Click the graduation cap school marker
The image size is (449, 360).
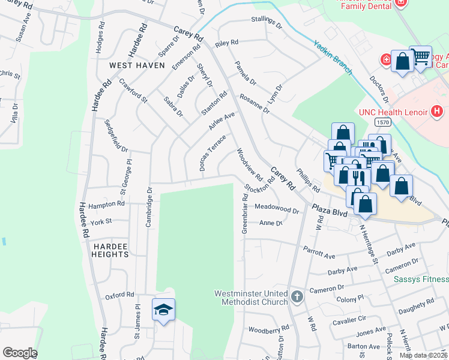(163, 310)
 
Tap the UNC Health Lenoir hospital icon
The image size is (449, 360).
(436, 112)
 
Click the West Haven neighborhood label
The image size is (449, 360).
(133, 65)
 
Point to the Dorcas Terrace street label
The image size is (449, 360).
(212, 152)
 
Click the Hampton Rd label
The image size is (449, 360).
(106, 205)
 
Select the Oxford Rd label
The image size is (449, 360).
(119, 295)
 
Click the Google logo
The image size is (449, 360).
(20, 353)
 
